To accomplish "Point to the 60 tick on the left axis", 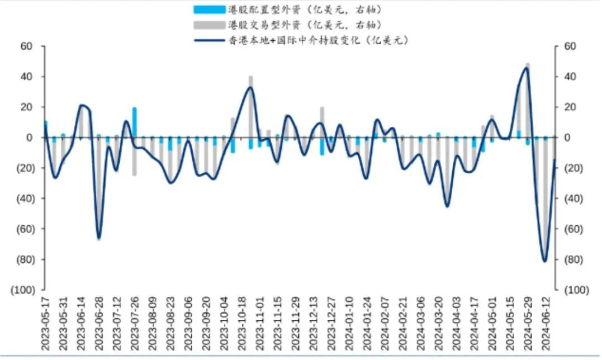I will [27, 46].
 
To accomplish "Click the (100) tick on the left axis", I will [23, 290].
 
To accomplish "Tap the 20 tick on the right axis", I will [569, 107].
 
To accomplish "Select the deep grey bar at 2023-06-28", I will [99, 190].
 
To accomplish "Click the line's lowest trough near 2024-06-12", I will [545, 261].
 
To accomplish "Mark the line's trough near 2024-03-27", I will [447, 206].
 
